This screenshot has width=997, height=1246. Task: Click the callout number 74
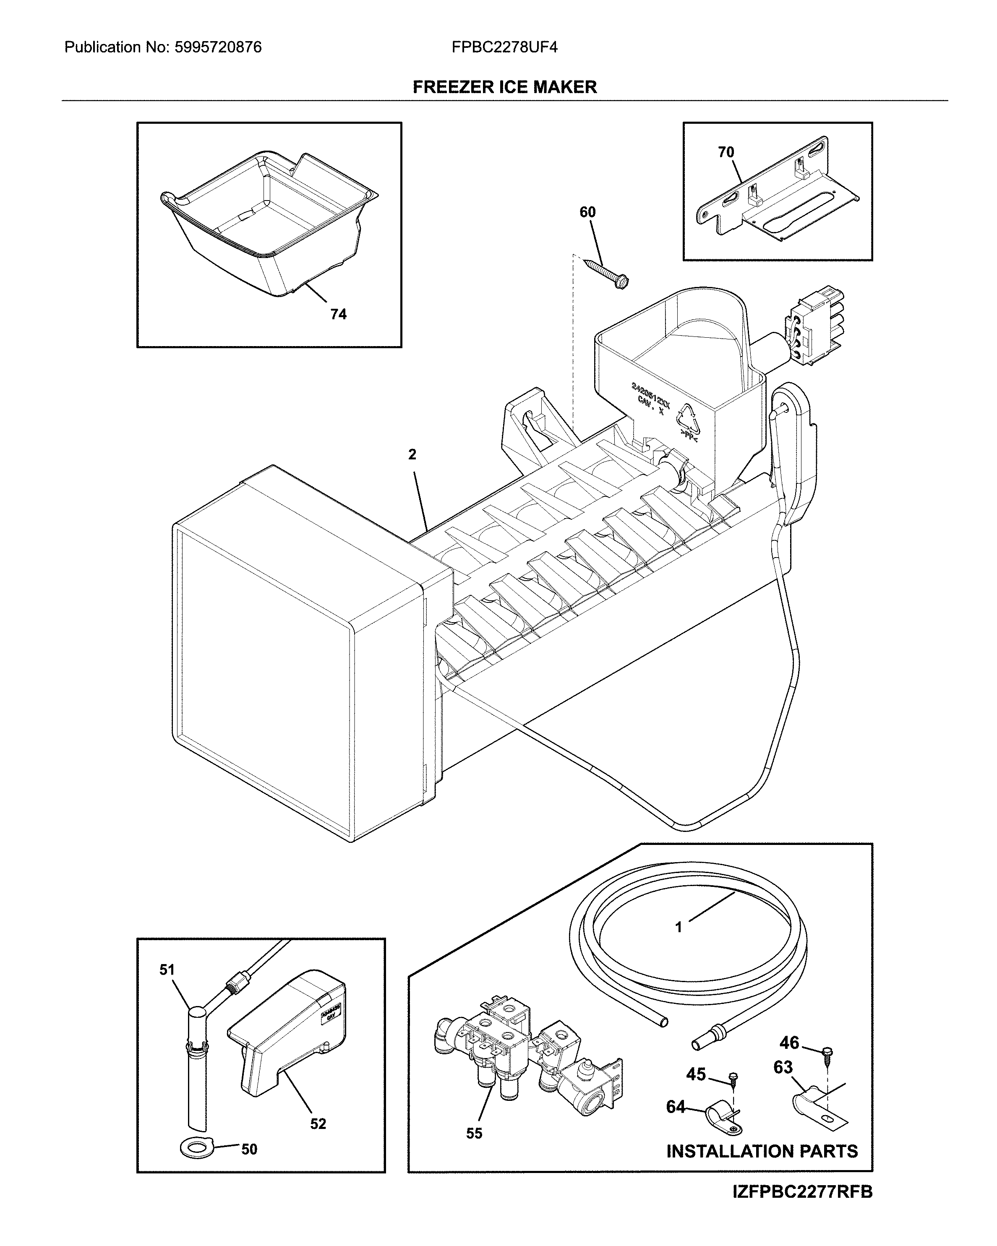pos(338,314)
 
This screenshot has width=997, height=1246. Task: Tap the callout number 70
pos(726,152)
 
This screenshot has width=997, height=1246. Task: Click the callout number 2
pos(412,455)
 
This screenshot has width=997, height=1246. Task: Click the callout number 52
pos(318,1124)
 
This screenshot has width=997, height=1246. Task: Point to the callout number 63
pos(783,1067)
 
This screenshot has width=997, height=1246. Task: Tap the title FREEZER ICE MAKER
pos(504,87)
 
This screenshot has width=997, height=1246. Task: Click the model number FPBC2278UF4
pos(504,47)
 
